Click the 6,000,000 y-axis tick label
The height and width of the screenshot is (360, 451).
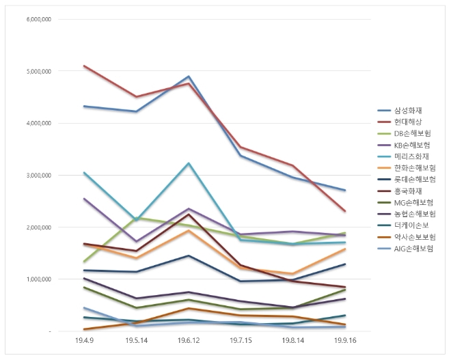tap(38, 19)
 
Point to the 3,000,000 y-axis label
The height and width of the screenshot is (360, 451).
tap(38, 175)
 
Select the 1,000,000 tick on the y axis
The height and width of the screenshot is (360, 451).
tap(38, 279)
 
